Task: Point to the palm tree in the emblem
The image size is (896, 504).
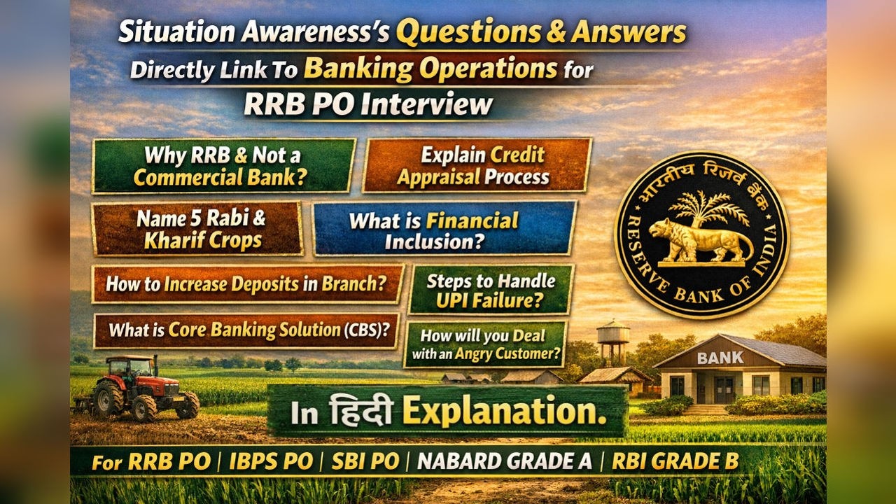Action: tap(701, 205)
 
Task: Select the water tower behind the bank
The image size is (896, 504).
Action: tap(613, 341)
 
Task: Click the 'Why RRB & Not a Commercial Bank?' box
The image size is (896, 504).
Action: tap(223, 166)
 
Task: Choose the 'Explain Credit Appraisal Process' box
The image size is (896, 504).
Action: tap(477, 165)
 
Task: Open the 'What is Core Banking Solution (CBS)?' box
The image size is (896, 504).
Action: tap(246, 330)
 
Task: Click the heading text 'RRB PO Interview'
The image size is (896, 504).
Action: tap(368, 104)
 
